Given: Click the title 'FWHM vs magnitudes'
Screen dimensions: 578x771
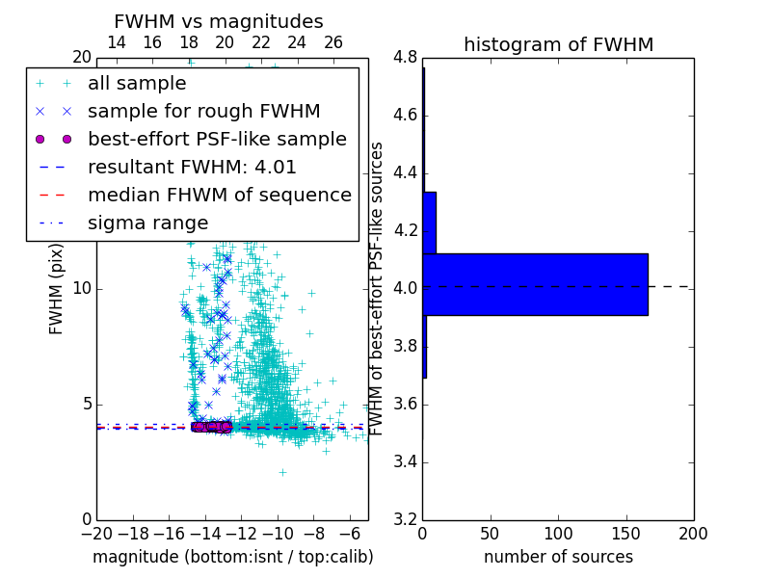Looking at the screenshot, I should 218,21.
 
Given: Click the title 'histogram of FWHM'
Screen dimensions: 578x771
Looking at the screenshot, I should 558,44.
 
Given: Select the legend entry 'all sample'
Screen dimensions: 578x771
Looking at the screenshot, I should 137,84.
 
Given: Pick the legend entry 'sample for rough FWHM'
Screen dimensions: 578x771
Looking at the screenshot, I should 203,112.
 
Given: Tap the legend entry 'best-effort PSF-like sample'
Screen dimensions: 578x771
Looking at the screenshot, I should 217,140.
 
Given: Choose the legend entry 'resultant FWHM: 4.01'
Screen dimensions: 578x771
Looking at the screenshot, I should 192,168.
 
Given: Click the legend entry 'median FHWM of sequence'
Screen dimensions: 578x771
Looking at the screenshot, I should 219,196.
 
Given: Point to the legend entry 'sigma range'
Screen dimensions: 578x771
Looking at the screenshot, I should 147,223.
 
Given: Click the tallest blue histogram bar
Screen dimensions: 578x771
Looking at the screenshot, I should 535,284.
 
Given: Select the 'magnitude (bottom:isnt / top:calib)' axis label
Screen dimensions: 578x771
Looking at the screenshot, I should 232,557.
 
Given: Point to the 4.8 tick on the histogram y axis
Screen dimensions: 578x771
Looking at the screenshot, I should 405,58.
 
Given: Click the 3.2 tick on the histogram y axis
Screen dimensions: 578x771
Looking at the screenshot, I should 405,519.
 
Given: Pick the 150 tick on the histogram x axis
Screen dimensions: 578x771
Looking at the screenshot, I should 625,534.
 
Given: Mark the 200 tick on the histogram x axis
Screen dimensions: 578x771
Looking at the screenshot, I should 693,534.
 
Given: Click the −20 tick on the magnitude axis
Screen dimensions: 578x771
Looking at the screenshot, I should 96,534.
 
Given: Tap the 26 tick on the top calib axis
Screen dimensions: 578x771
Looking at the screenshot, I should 333,42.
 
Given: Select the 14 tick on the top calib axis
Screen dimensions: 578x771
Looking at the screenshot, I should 117,42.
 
